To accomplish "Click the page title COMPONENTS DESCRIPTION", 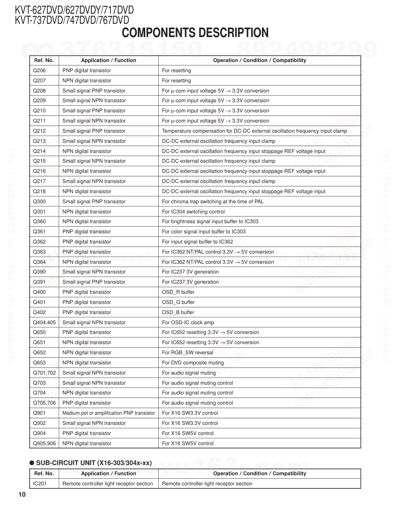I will click(195, 33).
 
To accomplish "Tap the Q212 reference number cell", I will click(39, 131).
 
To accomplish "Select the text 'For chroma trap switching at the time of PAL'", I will click(213, 202).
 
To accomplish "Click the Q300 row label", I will click(39, 202).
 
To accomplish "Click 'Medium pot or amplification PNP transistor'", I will click(108, 413).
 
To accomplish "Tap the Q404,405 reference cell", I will click(44, 323).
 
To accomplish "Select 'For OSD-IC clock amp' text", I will click(188, 323).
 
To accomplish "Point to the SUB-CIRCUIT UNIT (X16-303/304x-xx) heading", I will click(94, 463).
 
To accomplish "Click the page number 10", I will click(22, 495).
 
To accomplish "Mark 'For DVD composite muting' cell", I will click(193, 363).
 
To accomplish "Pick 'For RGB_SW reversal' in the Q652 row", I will click(188, 353).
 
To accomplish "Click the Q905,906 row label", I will click(44, 444).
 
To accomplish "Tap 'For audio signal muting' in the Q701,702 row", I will click(189, 373).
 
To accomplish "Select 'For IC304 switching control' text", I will click(193, 212).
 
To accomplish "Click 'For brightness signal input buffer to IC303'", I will click(210, 222).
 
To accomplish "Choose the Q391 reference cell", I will click(39, 282).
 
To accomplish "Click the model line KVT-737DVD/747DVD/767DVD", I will click(72, 20).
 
